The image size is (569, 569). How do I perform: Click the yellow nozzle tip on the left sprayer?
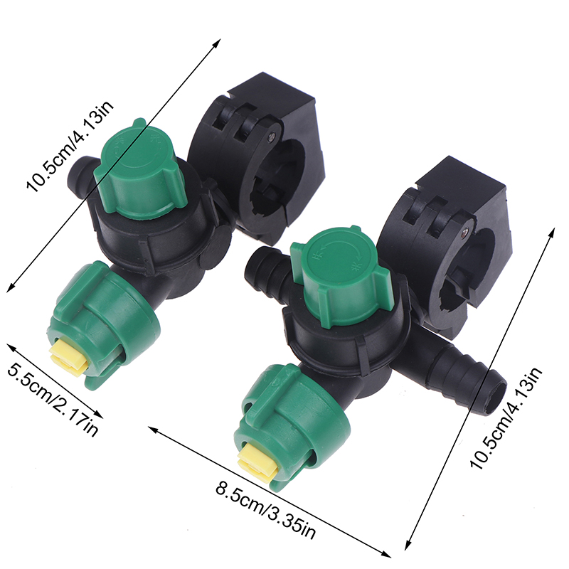[x=69, y=357]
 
